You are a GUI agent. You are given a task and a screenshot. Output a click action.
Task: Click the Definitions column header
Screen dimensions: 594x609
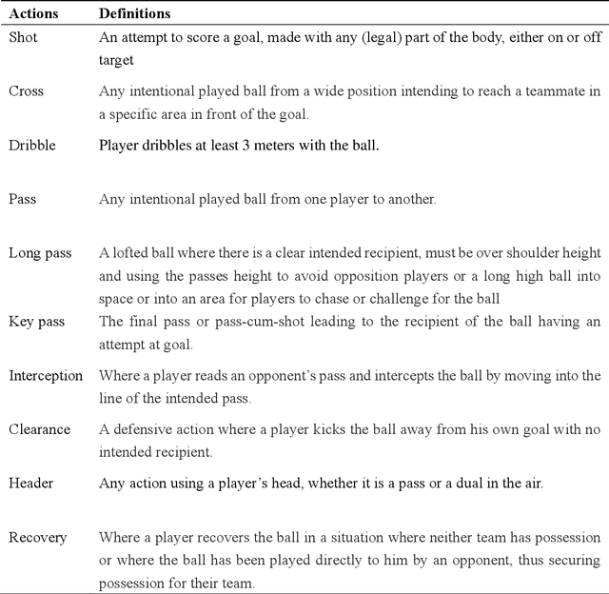tap(135, 15)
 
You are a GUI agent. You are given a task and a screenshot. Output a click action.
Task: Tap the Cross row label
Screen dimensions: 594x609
tap(27, 91)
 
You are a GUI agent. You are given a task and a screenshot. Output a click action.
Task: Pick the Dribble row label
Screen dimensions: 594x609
tap(33, 146)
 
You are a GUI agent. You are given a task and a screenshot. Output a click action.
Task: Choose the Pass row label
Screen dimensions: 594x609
tap(23, 199)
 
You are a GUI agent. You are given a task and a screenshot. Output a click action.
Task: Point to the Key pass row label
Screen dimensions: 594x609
tap(37, 322)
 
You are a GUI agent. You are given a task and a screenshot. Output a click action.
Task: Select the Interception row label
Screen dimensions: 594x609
tap(46, 375)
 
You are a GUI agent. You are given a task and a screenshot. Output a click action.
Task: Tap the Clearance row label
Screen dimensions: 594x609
tap(40, 429)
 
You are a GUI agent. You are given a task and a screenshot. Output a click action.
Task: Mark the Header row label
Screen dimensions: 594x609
tap(31, 483)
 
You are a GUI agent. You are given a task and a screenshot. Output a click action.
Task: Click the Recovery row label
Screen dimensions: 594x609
tap(38, 537)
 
